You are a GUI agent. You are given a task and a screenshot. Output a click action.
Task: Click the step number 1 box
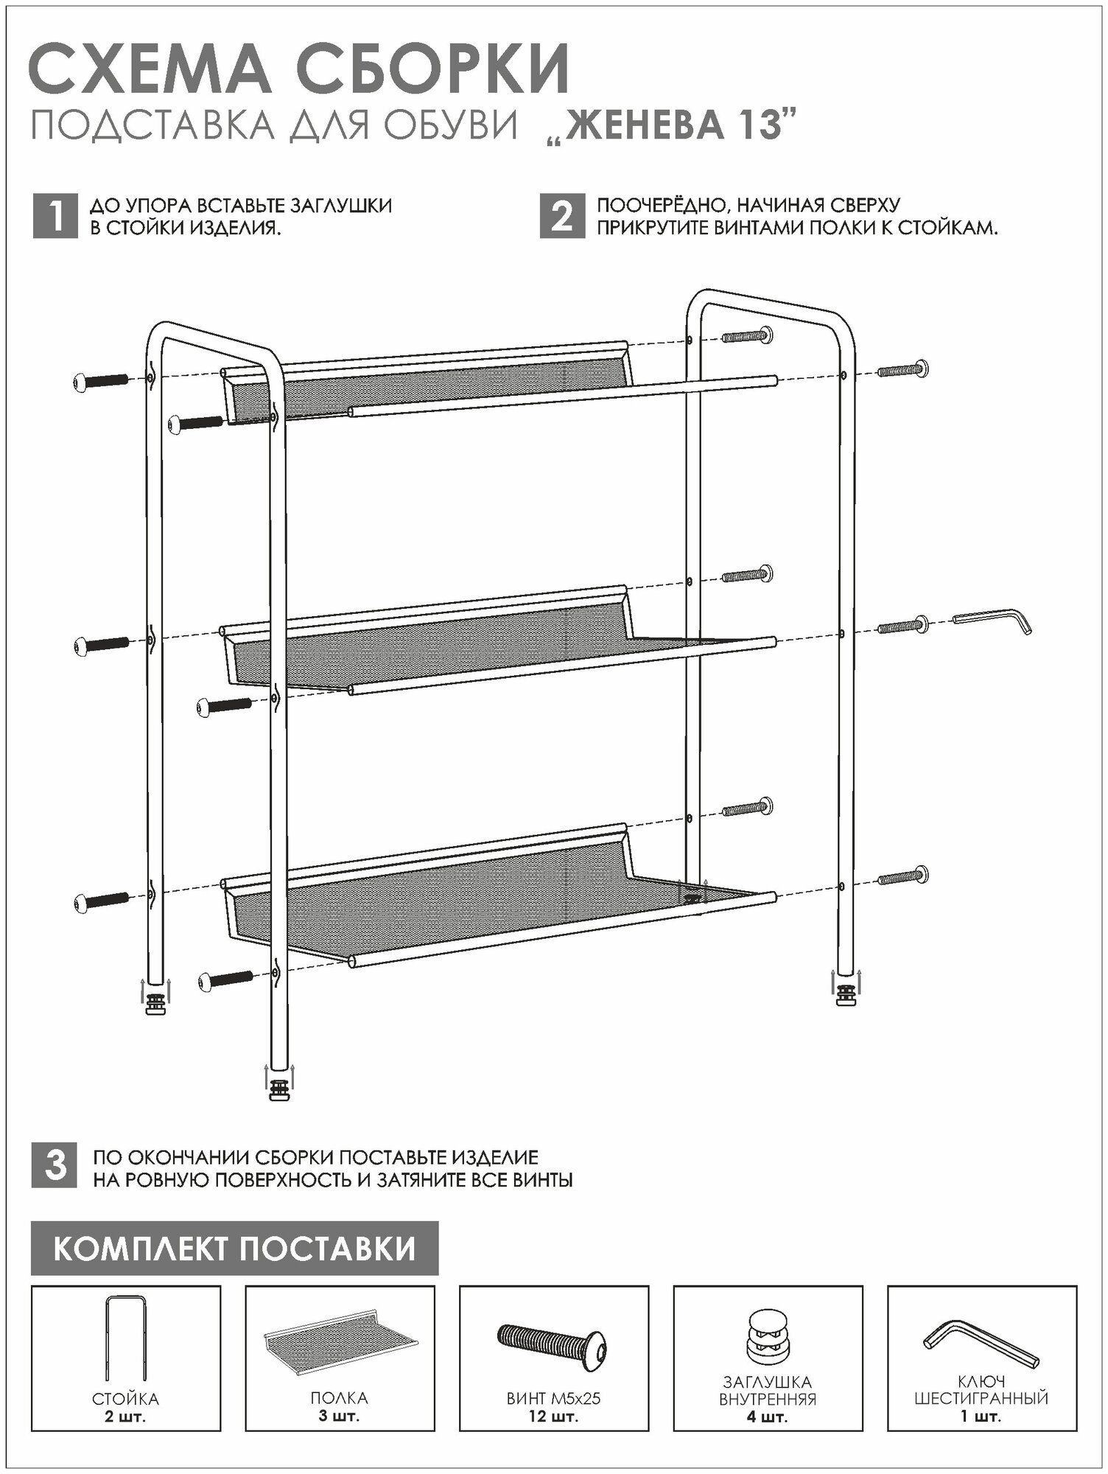(55, 217)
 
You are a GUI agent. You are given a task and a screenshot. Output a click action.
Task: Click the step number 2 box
(562, 217)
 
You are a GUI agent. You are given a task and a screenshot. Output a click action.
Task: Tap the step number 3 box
(55, 1167)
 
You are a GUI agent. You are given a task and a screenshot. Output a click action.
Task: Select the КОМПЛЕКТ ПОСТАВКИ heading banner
(234, 1248)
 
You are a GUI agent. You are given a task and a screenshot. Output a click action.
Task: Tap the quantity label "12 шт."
(553, 1417)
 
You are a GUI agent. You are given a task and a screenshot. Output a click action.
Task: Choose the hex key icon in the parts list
(981, 1343)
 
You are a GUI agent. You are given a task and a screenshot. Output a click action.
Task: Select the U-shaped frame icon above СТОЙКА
(126, 1338)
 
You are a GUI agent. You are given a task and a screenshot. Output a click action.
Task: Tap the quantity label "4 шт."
(768, 1417)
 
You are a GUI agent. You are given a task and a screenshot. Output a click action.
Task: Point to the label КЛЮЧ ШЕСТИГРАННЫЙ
(981, 1390)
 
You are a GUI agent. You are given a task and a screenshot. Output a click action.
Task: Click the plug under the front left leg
(279, 1089)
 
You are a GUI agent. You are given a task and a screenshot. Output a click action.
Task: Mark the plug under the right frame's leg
(846, 996)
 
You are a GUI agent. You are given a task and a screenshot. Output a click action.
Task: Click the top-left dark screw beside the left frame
(102, 381)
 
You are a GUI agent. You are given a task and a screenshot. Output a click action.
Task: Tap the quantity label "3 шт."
(340, 1417)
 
